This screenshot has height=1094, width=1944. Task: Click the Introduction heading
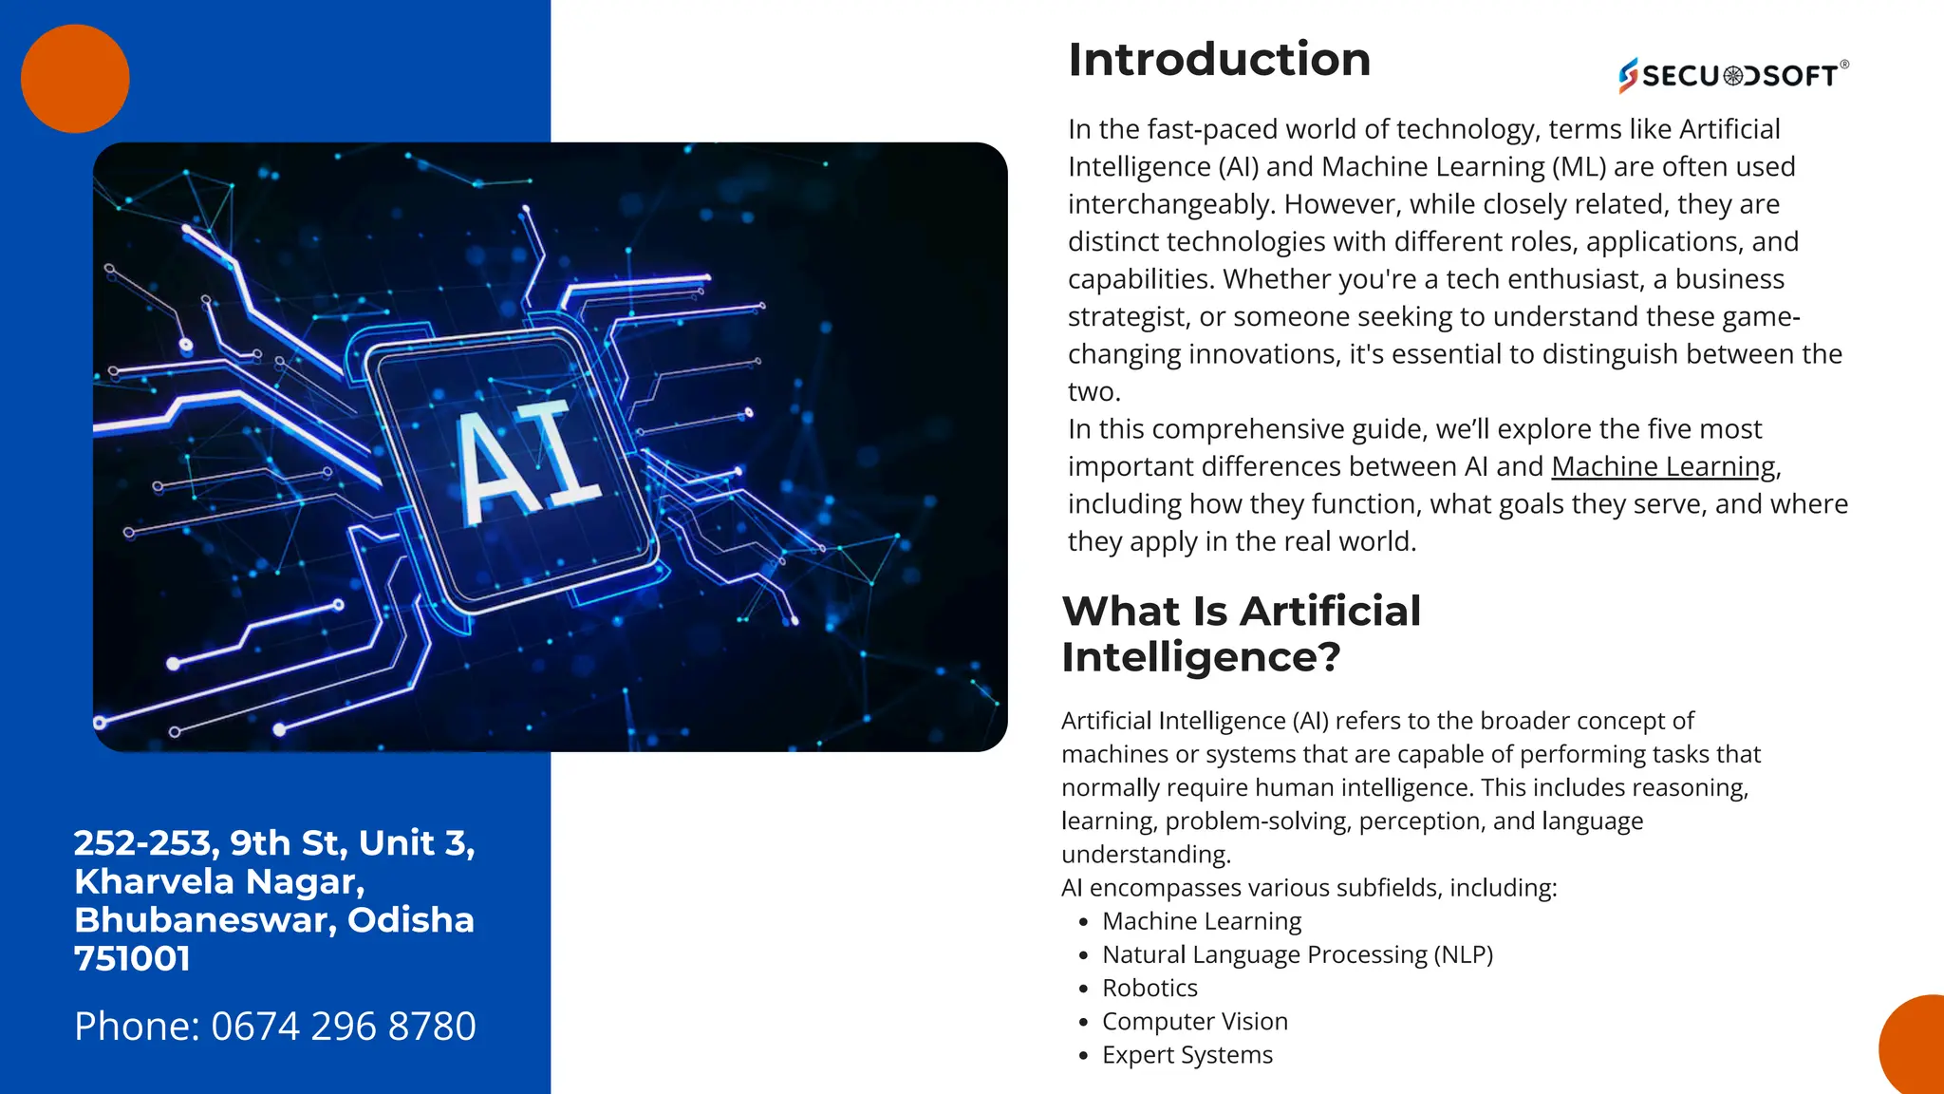coord(1219,60)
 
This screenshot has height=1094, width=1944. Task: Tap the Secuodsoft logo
coord(1733,75)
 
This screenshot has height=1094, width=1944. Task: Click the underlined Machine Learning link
coord(1663,466)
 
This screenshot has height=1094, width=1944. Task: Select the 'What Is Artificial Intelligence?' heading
coord(1241,633)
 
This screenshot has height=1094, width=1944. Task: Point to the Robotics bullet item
coord(1150,988)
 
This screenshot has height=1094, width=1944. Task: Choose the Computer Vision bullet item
coord(1194,1021)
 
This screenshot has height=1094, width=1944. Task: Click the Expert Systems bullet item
coord(1187,1054)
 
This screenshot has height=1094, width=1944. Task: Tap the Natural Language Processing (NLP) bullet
coord(1297,954)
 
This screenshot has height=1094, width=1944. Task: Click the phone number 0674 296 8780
coord(343,1026)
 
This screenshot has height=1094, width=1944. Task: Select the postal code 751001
coord(132,958)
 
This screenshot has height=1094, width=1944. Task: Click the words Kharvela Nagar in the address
coord(219,881)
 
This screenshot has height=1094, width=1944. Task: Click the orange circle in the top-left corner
coord(75,78)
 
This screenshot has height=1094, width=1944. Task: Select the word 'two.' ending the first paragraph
coord(1093,391)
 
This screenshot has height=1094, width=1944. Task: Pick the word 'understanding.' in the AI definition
coord(1146,854)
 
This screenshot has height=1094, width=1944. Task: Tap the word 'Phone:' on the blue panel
coord(137,1026)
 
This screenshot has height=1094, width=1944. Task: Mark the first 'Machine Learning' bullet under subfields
coord(1201,921)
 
